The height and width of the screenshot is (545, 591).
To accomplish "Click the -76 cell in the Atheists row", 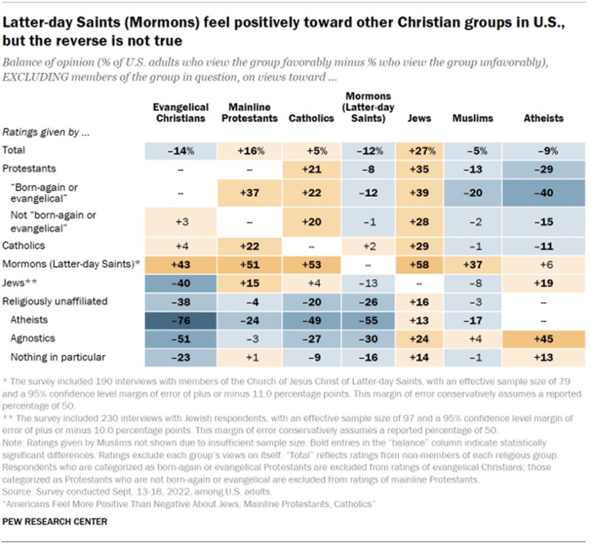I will (x=180, y=319).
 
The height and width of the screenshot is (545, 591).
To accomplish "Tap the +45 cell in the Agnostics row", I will (x=544, y=338).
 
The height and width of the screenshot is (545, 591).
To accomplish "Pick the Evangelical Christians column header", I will (x=180, y=112).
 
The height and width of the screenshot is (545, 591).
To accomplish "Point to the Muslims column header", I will (x=473, y=118).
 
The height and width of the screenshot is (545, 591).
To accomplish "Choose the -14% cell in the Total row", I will (x=180, y=150).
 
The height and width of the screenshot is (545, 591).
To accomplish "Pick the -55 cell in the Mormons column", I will (x=366, y=319).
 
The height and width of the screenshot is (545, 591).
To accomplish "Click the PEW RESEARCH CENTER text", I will (x=55, y=521).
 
